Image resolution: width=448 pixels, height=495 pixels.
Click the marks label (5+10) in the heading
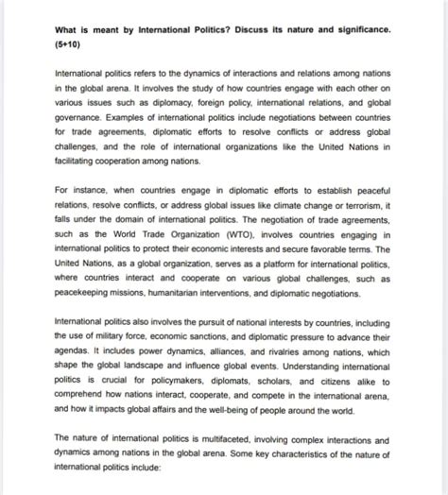69,43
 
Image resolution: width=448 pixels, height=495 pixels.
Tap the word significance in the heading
361,28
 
